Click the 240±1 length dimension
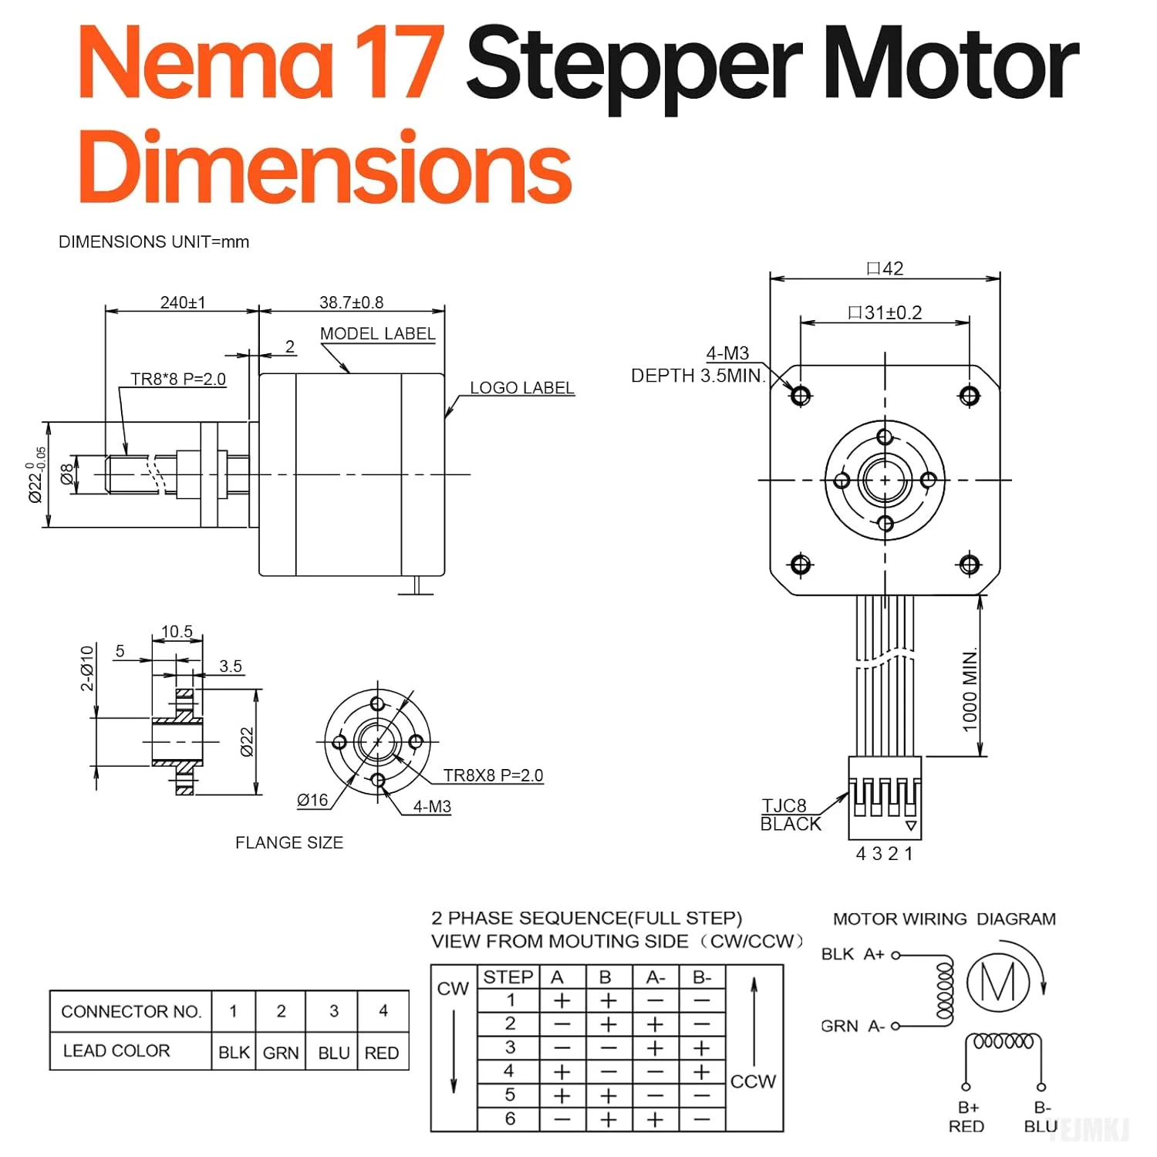(x=183, y=302)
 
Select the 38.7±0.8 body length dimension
(x=351, y=302)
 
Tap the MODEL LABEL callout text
(x=377, y=334)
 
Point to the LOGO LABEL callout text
(x=522, y=388)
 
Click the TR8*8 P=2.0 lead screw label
(x=178, y=379)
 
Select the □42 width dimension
(x=885, y=268)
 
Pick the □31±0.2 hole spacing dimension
(x=885, y=312)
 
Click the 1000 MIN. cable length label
(x=970, y=690)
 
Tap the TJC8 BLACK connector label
(x=791, y=815)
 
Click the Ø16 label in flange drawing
(x=312, y=801)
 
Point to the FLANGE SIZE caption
(x=289, y=843)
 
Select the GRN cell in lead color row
(x=281, y=1053)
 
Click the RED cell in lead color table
(x=382, y=1053)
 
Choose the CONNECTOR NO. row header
(x=131, y=1011)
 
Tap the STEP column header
(x=508, y=977)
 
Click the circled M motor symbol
(x=998, y=983)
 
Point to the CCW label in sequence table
(x=753, y=1081)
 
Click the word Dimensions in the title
(x=325, y=167)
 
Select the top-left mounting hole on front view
(x=801, y=396)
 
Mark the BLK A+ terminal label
(x=852, y=955)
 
